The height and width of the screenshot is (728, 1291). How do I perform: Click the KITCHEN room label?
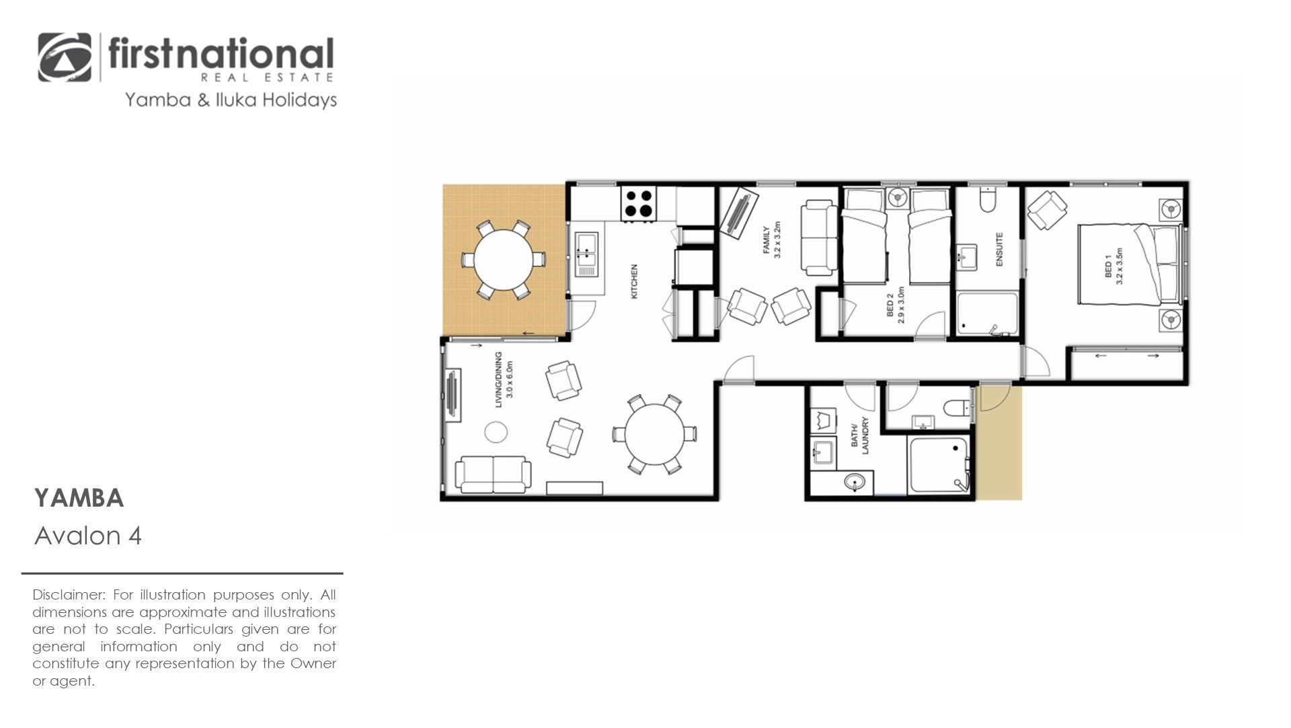[634, 281]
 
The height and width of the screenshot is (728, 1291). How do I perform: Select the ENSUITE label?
[999, 250]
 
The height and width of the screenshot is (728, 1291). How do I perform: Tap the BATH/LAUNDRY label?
[860, 436]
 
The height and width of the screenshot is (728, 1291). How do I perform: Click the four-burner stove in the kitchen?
[638, 203]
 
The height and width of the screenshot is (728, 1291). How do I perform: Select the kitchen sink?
[587, 255]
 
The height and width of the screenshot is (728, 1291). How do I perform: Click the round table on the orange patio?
[503, 259]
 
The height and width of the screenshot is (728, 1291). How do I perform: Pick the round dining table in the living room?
[654, 434]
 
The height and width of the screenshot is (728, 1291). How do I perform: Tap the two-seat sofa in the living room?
[493, 474]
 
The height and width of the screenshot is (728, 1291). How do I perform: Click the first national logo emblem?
[65, 57]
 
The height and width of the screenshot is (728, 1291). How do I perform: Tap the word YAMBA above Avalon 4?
[79, 499]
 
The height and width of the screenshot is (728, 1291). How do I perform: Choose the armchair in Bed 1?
[1047, 209]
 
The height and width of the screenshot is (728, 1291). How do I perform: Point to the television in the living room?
[453, 396]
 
